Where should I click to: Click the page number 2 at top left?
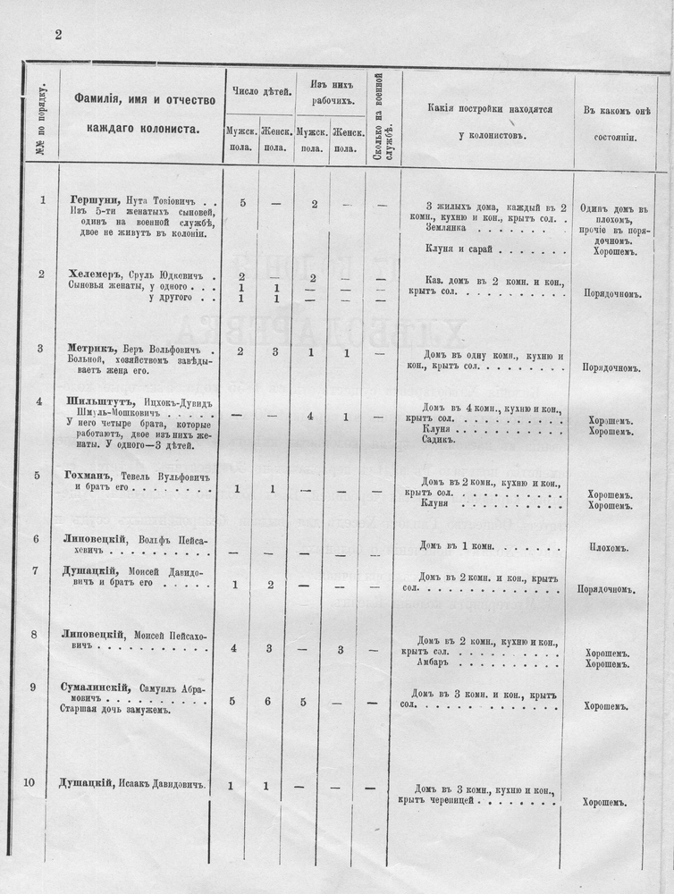tap(58, 35)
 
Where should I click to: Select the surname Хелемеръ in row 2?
tap(95, 274)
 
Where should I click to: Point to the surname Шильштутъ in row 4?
tap(96, 401)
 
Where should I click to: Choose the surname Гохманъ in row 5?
tap(90, 475)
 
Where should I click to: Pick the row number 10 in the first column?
tap(29, 784)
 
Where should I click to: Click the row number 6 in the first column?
tap(35, 538)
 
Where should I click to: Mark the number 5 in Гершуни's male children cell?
tap(242, 203)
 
